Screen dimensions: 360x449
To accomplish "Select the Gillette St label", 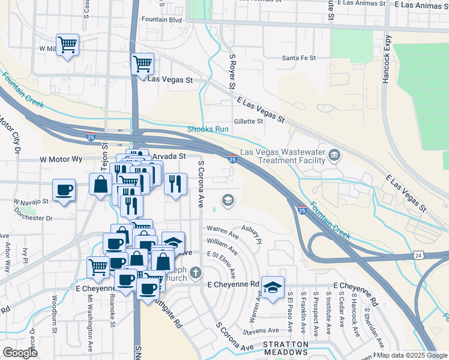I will (x=249, y=121).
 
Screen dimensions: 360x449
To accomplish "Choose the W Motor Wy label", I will (x=61, y=160).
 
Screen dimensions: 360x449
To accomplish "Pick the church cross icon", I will (x=195, y=274).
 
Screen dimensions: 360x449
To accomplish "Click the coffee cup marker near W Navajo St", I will (x=64, y=190).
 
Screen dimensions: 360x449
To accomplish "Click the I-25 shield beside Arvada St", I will (x=232, y=158).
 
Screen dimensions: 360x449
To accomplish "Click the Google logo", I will (x=20, y=353).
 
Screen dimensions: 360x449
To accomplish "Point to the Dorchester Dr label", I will (x=35, y=218).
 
